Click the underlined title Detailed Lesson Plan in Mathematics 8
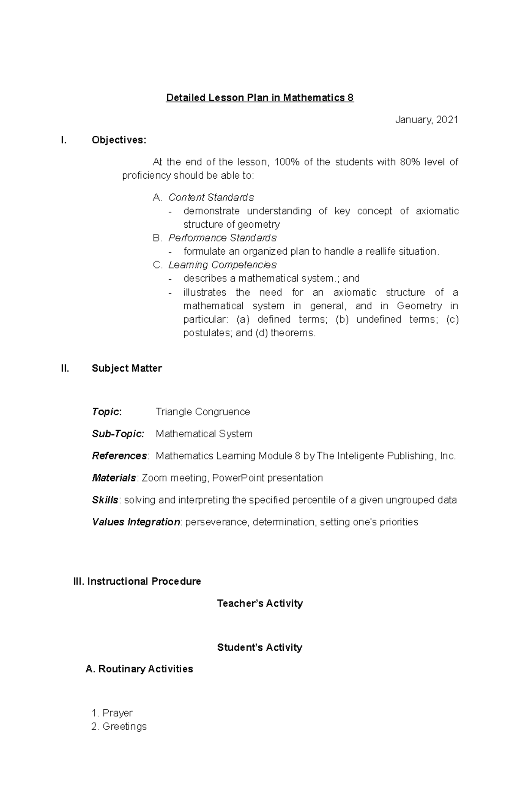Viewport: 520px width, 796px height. point(260,98)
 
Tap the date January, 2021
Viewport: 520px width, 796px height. point(426,120)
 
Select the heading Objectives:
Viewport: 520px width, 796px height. point(119,140)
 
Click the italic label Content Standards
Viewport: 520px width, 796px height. point(211,197)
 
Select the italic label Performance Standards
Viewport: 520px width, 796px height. point(222,238)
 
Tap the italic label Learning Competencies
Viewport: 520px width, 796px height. point(222,265)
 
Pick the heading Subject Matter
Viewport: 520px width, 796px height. point(127,368)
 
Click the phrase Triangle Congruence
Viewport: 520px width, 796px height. point(203,412)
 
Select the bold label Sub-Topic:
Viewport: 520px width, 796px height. point(118,434)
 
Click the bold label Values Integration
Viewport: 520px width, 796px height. point(136,522)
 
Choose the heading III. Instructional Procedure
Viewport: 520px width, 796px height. point(137,581)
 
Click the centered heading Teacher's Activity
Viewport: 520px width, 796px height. point(260,603)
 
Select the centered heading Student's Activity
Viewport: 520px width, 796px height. point(260,648)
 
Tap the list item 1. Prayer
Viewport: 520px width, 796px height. point(112,713)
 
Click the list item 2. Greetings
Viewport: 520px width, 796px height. point(119,727)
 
